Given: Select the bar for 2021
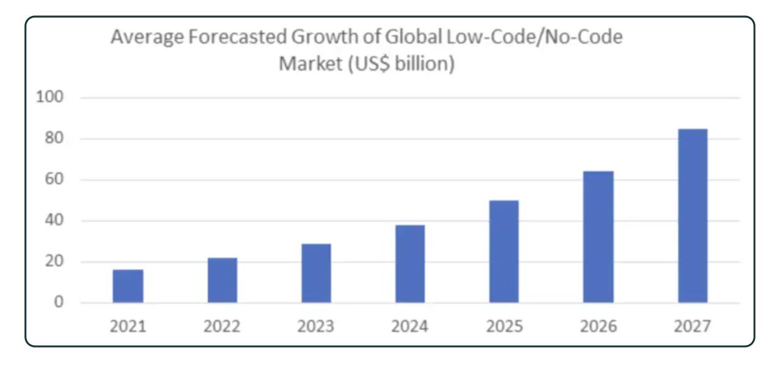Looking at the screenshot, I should pos(128,286).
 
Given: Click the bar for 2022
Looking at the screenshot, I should pos(222,280).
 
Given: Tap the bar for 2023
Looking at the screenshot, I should pos(316,274).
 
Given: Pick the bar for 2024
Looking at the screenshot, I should pos(410,264).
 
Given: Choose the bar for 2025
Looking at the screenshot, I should pos(504,252).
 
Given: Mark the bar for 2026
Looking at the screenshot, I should pos(598,237).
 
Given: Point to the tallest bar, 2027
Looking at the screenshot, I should pos(693,216).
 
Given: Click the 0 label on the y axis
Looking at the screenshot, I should pos(59,302).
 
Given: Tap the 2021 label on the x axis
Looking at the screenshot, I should pos(128,326).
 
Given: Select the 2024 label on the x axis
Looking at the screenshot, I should pos(410,326).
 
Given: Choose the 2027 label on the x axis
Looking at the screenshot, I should pos(693,326).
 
